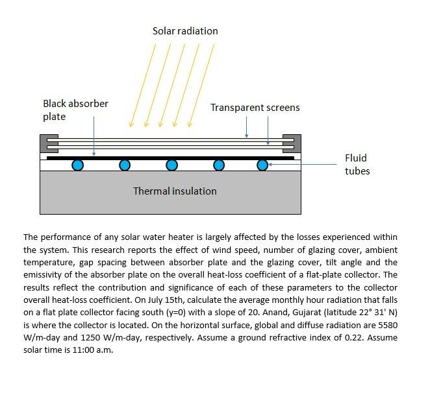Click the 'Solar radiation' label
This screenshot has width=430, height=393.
tap(185, 30)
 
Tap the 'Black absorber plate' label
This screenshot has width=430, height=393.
tap(75, 110)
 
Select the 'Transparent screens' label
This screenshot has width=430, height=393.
tap(255, 108)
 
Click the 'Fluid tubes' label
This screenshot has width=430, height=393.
tap(357, 165)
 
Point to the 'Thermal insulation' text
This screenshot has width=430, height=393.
tap(175, 191)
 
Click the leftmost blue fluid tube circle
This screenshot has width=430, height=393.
tap(78, 165)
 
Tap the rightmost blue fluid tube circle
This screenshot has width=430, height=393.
tap(262, 165)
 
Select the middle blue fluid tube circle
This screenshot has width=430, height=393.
tap(171, 165)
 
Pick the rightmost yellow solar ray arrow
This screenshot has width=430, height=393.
tap(201, 84)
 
